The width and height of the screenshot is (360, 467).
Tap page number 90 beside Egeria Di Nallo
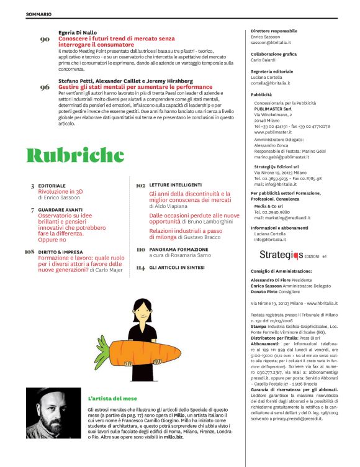coord(45,40)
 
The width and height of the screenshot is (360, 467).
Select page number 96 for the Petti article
coord(45,88)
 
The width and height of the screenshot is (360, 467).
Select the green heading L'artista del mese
coord(110,397)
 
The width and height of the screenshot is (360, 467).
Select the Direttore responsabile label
coord(274,31)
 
